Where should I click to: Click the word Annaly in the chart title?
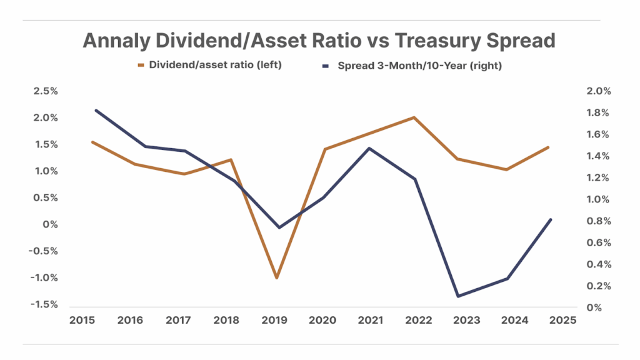coord(116,41)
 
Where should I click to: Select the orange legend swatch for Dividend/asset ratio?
coord(142,65)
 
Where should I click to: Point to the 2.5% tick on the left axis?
coord(45,91)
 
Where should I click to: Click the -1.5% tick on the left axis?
coord(43,304)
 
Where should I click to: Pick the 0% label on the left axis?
coord(51,224)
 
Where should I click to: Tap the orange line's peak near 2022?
coord(414,117)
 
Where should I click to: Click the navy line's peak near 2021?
coord(369,148)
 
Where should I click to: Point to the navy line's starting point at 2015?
coord(96,110)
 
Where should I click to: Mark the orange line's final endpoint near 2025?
coord(549,147)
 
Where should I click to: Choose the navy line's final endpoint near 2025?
coord(551,219)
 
